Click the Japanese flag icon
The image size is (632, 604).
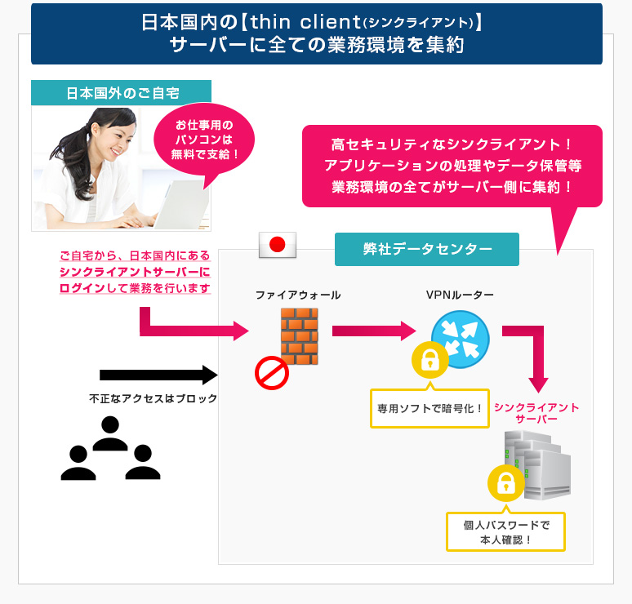[x=277, y=244]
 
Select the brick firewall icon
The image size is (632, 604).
[x=299, y=334]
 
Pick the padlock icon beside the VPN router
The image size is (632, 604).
[x=429, y=359]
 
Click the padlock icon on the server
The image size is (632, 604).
[x=505, y=482]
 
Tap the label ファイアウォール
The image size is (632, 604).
[x=298, y=295]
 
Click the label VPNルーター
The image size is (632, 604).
[x=460, y=295]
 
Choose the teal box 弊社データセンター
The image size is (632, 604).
[x=427, y=248]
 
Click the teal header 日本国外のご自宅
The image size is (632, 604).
[x=121, y=92]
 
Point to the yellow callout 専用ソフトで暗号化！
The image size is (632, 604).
[x=429, y=407]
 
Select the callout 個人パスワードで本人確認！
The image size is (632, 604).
[x=506, y=531]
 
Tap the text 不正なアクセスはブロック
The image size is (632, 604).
[x=154, y=399]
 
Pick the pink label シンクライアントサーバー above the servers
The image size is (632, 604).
[x=536, y=412]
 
